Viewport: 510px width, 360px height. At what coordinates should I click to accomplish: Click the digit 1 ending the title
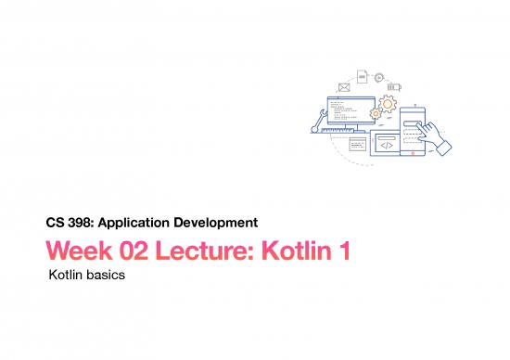[343, 250]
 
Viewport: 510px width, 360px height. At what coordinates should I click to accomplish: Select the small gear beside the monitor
[376, 113]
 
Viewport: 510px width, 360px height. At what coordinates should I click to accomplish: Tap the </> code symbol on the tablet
[387, 145]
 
